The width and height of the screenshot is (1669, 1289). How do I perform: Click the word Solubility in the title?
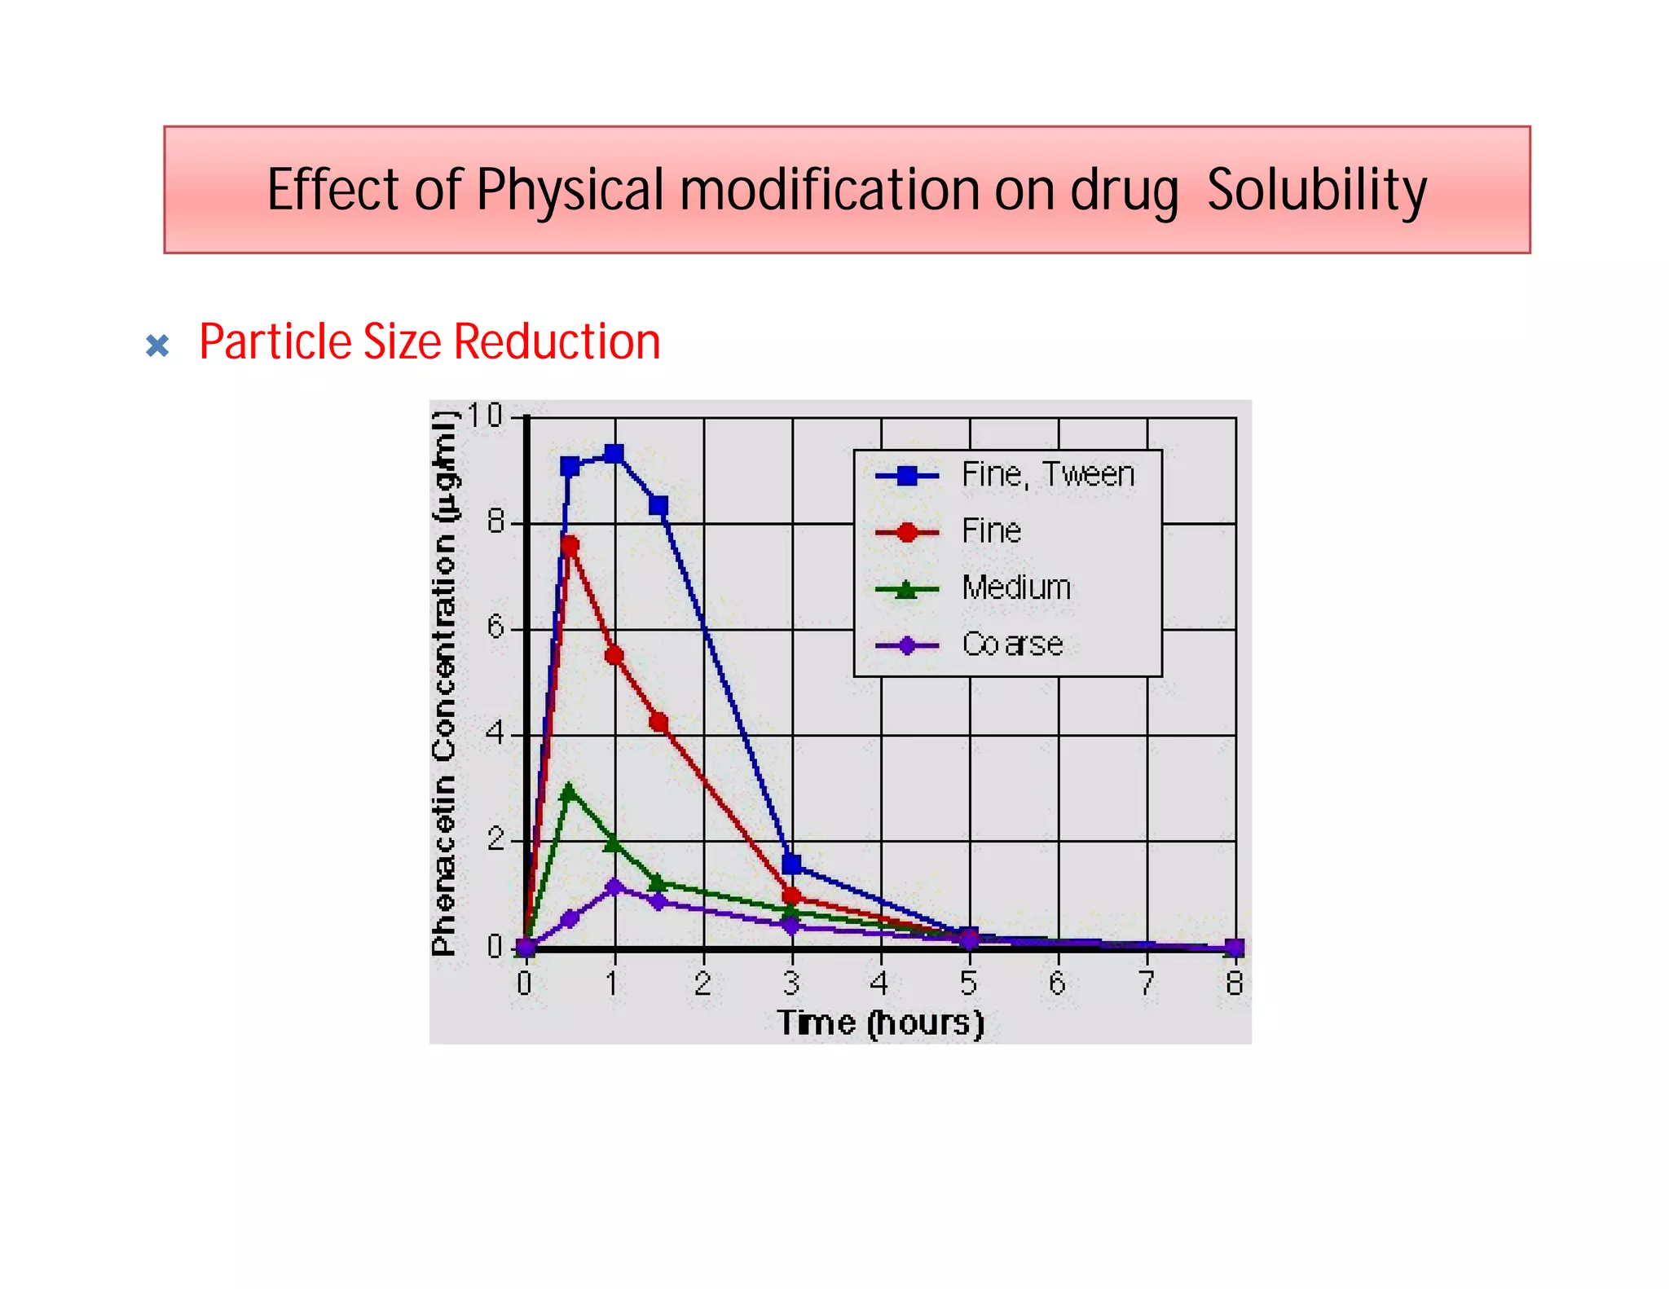[x=1315, y=190]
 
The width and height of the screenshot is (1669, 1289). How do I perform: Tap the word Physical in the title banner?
[x=570, y=190]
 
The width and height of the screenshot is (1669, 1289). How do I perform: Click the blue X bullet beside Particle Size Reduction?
[x=157, y=345]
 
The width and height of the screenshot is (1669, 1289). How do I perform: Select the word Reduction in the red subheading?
[x=557, y=341]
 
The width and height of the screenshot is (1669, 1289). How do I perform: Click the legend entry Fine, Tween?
[x=1047, y=475]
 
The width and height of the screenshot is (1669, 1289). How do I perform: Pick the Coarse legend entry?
[x=1012, y=644]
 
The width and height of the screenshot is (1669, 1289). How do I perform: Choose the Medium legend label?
[x=1016, y=587]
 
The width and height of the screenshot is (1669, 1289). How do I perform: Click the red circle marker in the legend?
[x=906, y=533]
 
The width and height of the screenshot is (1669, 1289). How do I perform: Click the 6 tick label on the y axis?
[x=495, y=627]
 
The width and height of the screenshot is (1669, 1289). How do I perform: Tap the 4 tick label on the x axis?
[x=879, y=983]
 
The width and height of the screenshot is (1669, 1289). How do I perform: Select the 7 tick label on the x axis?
[x=1146, y=983]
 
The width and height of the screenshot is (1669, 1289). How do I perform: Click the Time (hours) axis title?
[x=880, y=1023]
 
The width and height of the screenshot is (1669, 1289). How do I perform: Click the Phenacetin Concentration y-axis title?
[x=444, y=684]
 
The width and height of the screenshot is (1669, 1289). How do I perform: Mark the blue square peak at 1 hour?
[x=614, y=454]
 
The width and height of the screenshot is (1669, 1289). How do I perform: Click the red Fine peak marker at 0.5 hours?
[x=570, y=544]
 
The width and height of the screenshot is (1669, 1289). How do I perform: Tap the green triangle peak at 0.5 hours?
[x=569, y=790]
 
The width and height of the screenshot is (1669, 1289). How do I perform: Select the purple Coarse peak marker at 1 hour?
[x=614, y=886]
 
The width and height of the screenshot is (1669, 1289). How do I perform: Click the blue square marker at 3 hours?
[x=791, y=864]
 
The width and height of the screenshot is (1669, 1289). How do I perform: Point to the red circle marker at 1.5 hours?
[x=658, y=723]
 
